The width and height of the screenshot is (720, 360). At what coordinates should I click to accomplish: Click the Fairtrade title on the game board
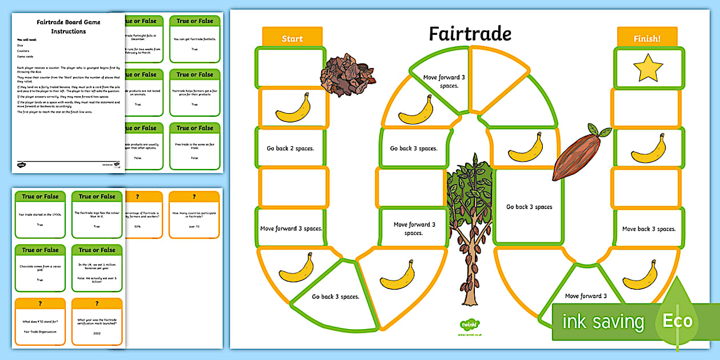click(470, 34)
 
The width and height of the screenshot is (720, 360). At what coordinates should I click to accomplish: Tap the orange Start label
click(292, 38)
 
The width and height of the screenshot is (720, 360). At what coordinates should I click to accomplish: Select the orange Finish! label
click(647, 38)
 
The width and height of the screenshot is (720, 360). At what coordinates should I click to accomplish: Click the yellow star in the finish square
click(647, 69)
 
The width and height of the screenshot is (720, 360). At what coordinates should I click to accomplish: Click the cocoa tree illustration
click(470, 223)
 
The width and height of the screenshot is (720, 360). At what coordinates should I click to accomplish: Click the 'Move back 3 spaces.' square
click(649, 229)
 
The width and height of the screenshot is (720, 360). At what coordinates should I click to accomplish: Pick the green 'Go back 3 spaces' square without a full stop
click(529, 207)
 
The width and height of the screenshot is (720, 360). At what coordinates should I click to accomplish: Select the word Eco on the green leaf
click(677, 321)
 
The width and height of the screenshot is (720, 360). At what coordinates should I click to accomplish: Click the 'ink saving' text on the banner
click(603, 322)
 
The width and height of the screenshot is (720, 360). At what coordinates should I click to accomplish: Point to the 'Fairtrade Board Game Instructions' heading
click(69, 26)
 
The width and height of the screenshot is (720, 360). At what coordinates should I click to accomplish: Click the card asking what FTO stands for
click(40, 322)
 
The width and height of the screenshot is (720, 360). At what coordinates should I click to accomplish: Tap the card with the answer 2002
click(97, 322)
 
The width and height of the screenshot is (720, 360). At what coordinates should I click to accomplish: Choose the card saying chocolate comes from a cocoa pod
click(40, 268)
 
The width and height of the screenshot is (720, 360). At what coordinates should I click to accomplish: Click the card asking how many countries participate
click(194, 214)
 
